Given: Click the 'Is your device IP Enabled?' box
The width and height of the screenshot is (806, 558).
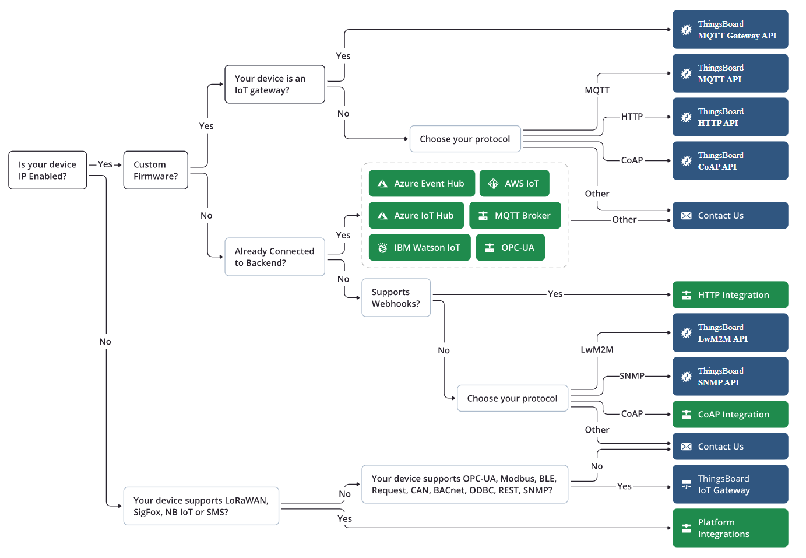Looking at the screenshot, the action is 47,170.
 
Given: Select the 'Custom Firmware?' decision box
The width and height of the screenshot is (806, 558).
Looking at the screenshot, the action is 156,170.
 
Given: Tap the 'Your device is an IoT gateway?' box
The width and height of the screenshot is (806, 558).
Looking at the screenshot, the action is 275,84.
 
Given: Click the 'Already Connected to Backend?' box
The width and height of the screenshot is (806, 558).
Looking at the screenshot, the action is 275,257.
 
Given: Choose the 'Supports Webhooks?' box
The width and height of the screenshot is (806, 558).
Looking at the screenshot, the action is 396,298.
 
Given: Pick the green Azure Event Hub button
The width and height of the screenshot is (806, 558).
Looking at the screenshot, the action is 422,184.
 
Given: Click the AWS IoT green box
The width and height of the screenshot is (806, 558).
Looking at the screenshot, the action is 515,184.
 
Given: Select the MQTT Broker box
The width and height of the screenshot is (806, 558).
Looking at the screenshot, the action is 515,216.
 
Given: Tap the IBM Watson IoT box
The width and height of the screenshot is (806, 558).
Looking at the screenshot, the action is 420,248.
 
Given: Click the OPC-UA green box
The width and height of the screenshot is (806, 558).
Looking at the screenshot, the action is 510,248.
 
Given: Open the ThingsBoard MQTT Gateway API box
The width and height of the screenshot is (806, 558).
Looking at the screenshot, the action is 730,30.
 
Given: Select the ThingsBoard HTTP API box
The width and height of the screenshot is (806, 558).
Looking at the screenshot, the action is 730,117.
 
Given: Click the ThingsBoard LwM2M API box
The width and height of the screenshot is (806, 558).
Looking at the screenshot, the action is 730,332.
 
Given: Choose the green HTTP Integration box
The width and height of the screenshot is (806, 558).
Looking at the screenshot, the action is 730,295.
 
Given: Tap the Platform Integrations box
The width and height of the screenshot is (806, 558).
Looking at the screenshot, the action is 730,528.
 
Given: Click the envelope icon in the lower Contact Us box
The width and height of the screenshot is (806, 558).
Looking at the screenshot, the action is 686,447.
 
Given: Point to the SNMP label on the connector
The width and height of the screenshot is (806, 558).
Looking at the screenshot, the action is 632,376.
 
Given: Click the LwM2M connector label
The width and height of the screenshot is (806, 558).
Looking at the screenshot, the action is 597,350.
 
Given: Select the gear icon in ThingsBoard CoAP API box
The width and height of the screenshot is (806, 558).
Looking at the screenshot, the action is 686,161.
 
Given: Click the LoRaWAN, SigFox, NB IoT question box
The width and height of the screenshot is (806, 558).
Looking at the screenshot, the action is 201,506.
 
